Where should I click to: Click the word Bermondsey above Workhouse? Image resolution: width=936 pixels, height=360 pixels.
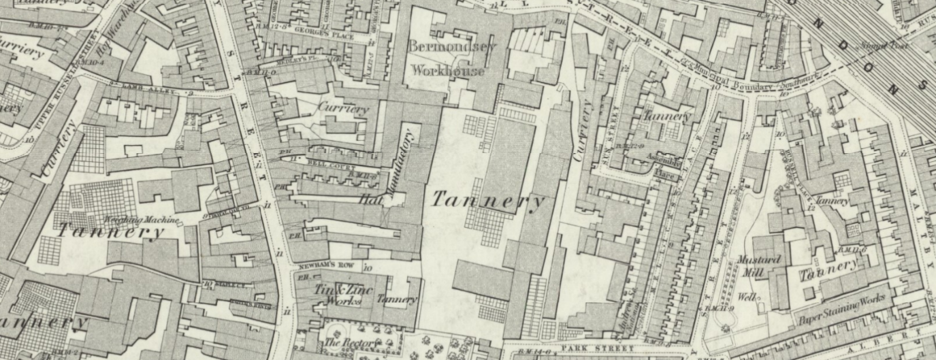(453, 47)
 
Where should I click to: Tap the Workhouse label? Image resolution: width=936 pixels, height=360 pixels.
(448, 70)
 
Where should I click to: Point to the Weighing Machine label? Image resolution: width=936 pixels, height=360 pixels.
(142, 220)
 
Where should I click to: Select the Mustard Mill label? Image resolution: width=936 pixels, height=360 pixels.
(758, 265)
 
